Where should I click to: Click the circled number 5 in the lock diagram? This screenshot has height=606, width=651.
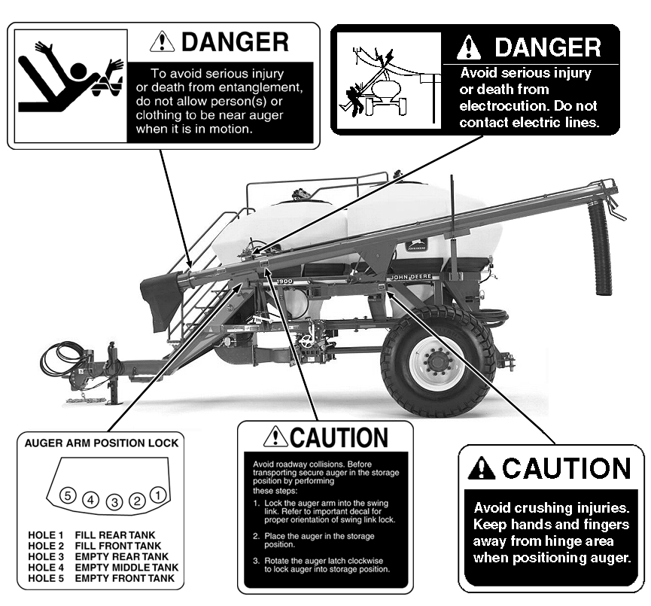pyautogui.click(x=68, y=495)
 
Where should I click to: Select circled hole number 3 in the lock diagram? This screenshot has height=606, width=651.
pyautogui.click(x=114, y=502)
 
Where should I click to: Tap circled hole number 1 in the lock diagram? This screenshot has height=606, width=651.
pyautogui.click(x=158, y=495)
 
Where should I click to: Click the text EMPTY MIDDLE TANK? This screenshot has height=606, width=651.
pyautogui.click(x=126, y=568)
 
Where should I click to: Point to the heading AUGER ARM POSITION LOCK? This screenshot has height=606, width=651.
pyautogui.click(x=102, y=443)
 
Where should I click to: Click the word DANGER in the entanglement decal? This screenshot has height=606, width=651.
pyautogui.click(x=235, y=42)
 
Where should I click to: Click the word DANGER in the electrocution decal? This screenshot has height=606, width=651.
pyautogui.click(x=548, y=47)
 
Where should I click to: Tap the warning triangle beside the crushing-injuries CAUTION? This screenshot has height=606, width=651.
pyautogui.click(x=481, y=467)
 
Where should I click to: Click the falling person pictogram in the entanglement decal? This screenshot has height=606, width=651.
pyautogui.click(x=71, y=79)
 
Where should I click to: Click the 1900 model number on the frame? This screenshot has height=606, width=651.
pyautogui.click(x=284, y=282)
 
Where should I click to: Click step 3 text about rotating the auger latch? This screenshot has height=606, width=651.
pyautogui.click(x=322, y=565)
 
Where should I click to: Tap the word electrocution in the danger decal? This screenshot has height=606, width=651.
pyautogui.click(x=504, y=106)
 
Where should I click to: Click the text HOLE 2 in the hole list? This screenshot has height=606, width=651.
pyautogui.click(x=46, y=546)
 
